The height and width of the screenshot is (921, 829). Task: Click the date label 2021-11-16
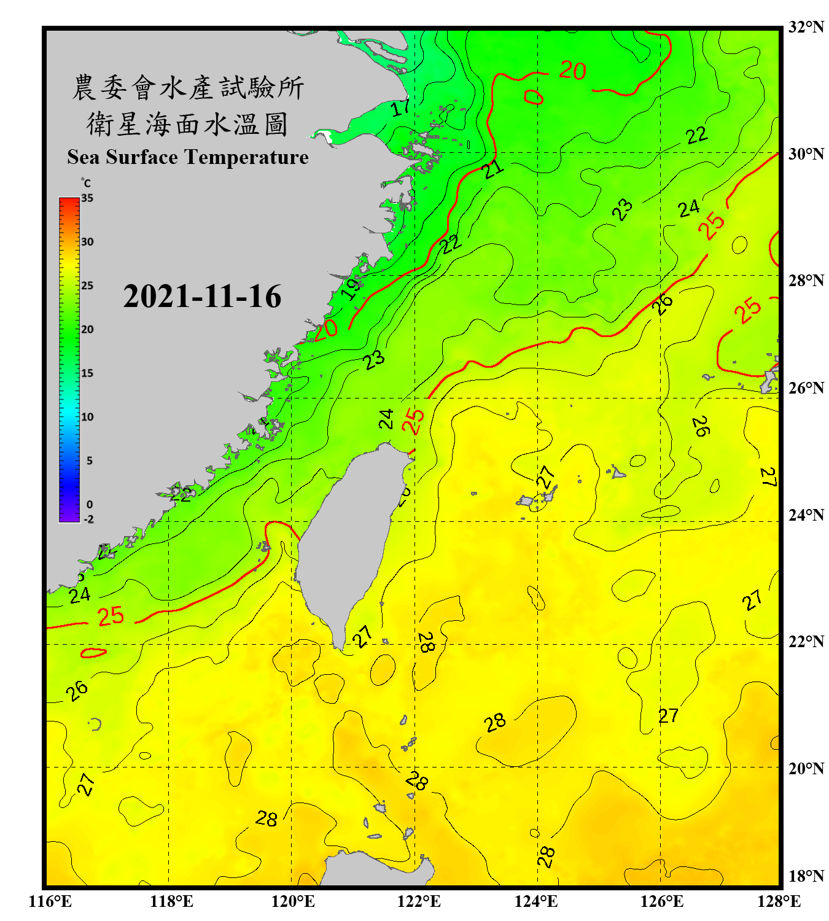click(202, 297)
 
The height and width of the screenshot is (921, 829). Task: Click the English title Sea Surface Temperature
click(188, 157)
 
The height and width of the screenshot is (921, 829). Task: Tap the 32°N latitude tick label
click(806, 27)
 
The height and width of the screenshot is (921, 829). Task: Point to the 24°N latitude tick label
click(806, 515)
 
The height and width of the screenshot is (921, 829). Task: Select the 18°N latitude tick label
click(806, 876)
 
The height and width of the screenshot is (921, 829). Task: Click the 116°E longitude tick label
click(50, 901)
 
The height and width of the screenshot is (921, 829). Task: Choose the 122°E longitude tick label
click(419, 901)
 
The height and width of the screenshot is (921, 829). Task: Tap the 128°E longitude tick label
click(779, 901)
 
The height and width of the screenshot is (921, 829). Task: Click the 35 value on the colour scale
click(87, 198)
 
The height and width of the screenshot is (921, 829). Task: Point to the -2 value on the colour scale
click(88, 519)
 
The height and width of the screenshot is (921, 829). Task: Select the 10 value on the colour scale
click(87, 417)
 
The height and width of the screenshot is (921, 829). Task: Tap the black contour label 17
click(400, 107)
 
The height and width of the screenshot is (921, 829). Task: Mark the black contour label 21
click(492, 168)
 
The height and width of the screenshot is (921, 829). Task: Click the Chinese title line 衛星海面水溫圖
click(187, 124)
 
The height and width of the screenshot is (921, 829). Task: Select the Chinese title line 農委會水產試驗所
click(187, 88)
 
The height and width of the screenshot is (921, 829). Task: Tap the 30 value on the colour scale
click(87, 242)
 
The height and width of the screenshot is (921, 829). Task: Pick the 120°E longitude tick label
click(293, 901)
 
